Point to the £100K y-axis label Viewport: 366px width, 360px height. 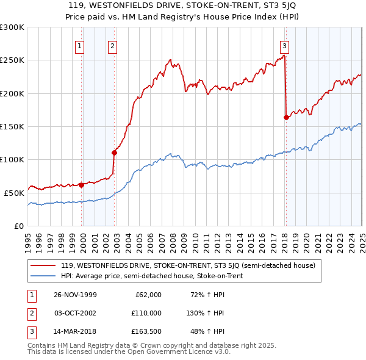[12, 160]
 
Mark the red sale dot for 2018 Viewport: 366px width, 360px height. [286, 118]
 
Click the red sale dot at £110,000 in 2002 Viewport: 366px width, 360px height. [114, 153]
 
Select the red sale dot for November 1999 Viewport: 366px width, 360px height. [82, 184]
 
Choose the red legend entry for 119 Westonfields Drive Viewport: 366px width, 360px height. [188, 265]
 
